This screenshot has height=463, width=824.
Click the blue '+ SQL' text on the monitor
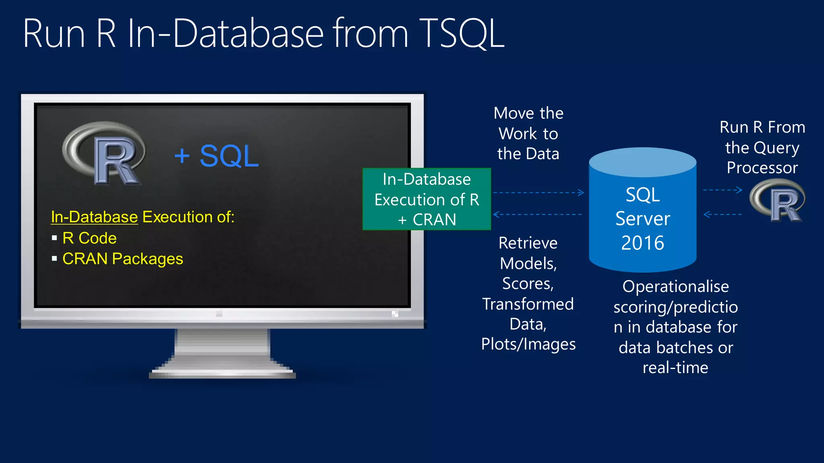[216, 156]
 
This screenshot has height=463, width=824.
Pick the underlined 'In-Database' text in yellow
[95, 217]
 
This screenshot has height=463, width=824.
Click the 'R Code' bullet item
[89, 238]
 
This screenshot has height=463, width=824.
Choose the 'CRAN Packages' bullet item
[123, 259]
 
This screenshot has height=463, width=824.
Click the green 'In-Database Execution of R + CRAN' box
[426, 199]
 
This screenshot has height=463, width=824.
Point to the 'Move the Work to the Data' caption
[528, 133]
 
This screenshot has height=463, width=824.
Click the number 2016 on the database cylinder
[643, 243]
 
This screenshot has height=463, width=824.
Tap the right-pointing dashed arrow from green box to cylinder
[538, 193]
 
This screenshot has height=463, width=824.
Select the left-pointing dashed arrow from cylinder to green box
[538, 215]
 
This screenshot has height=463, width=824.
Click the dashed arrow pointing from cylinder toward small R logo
[723, 190]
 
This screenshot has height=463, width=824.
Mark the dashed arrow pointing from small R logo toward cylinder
[723, 215]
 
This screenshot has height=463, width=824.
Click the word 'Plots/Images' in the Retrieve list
[528, 344]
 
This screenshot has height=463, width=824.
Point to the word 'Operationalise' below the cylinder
[676, 287]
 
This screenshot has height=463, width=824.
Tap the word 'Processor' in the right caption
[762, 168]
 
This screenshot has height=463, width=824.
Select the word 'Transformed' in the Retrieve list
[528, 304]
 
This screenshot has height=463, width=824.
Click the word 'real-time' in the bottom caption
[675, 368]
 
